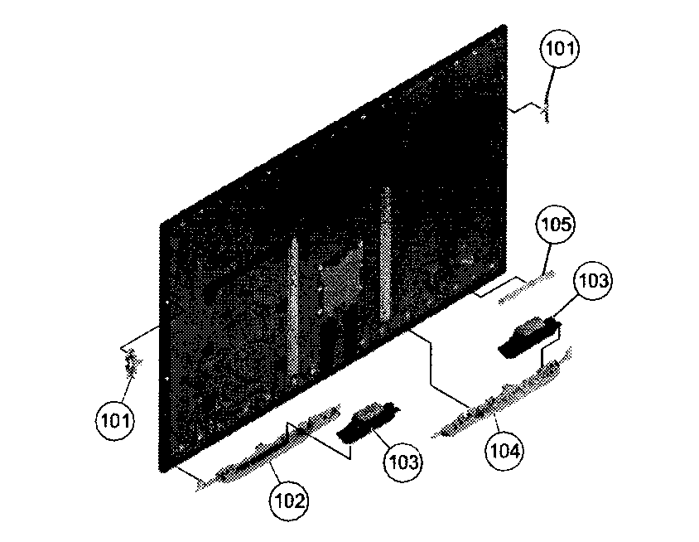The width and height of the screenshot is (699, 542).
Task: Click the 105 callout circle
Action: coord(555,225)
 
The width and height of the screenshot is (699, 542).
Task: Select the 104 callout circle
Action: coord(504,451)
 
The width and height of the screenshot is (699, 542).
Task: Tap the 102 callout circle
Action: coord(289,501)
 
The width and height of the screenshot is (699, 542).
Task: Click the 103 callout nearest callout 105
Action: coord(593,281)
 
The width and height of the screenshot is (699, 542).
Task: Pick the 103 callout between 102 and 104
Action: coord(403,462)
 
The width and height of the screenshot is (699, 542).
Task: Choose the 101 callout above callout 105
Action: coord(560,48)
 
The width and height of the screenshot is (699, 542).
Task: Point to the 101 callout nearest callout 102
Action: coord(115,420)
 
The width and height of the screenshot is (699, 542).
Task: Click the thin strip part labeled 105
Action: coord(526,288)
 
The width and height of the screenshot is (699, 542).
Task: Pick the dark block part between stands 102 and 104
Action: coord(369,419)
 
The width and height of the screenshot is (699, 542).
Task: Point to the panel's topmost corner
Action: coord(504,25)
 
